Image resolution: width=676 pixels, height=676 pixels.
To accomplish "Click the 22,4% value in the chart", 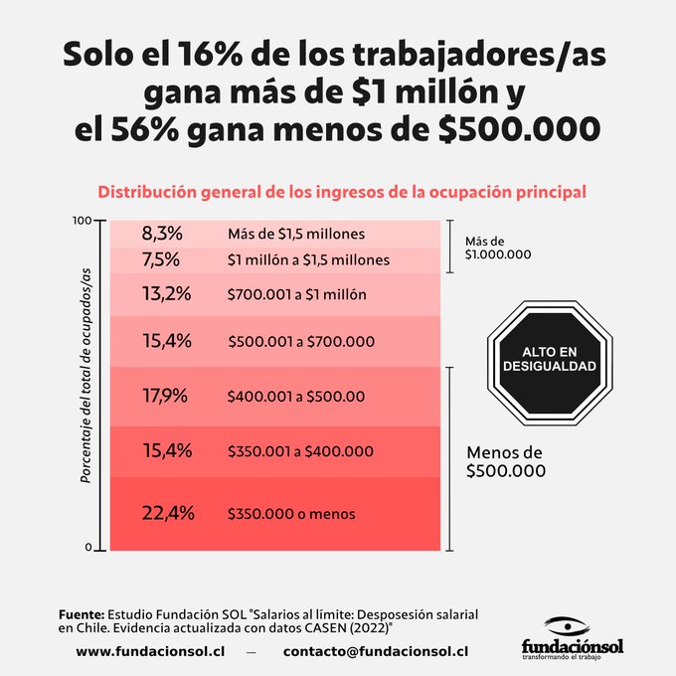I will [167, 513].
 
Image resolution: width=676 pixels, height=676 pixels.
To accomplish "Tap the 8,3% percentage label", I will [162, 234].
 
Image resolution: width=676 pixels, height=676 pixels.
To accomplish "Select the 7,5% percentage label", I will [161, 259].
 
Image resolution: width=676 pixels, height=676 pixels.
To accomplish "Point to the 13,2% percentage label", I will [165, 294].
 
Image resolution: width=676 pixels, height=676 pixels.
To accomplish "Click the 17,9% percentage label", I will [165, 396].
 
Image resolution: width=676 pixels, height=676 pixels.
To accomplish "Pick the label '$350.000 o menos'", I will [290, 514].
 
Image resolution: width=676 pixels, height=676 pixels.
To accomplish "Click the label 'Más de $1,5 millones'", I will [296, 235].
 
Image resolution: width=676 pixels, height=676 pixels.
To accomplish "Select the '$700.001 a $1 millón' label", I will [296, 295].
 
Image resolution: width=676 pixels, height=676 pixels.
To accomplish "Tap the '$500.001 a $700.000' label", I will [301, 342].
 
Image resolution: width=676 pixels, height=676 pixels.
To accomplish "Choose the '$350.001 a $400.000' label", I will [300, 451].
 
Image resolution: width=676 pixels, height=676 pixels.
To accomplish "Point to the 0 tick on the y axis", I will [87, 548].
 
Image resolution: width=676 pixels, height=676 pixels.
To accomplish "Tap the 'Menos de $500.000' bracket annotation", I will [506, 462].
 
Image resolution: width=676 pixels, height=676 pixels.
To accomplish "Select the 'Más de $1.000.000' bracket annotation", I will [497, 248].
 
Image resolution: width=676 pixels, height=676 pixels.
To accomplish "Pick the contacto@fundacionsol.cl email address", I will [376, 652].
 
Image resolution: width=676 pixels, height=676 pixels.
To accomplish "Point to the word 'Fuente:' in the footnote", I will [81, 615].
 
